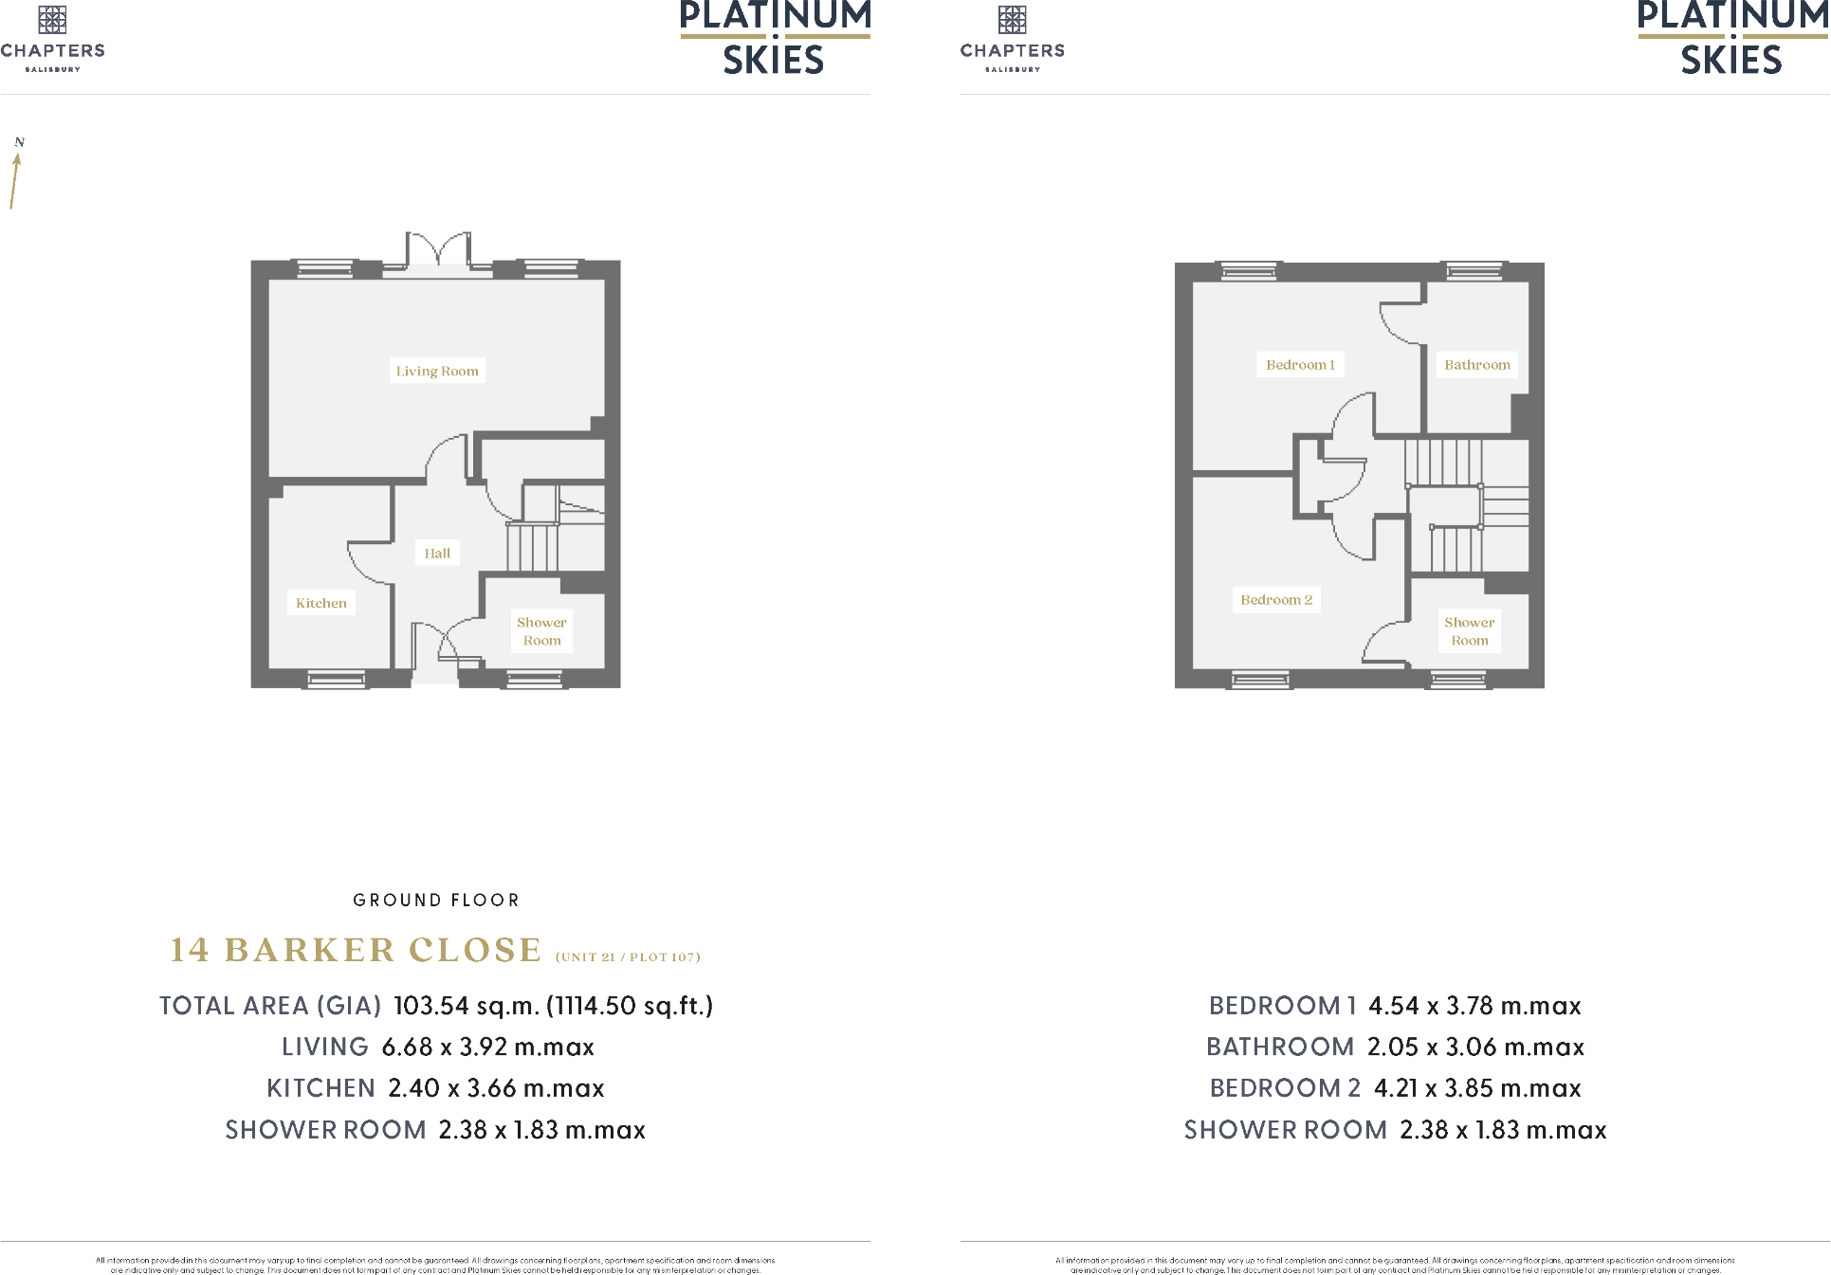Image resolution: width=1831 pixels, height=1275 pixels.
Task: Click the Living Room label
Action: click(x=437, y=371)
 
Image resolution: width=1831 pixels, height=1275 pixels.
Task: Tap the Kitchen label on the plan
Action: click(x=320, y=603)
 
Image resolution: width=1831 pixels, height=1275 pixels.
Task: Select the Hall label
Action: click(x=437, y=553)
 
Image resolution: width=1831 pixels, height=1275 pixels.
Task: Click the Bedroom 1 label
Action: click(x=1300, y=365)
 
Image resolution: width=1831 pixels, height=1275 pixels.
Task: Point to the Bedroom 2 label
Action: click(x=1276, y=600)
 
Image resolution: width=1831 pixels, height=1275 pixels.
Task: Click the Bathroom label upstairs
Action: click(x=1476, y=365)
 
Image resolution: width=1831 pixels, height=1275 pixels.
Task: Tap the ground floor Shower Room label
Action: click(x=541, y=631)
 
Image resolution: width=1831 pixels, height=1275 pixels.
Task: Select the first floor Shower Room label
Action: click(x=1469, y=631)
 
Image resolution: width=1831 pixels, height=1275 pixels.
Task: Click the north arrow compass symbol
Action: click(x=16, y=175)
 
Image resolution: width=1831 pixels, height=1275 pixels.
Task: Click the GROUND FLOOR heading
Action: click(x=436, y=900)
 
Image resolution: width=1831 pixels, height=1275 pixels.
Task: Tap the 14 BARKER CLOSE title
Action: click(x=356, y=950)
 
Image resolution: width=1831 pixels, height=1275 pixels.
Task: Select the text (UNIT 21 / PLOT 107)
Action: click(x=628, y=956)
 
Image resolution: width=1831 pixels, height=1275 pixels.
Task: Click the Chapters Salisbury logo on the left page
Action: click(x=52, y=38)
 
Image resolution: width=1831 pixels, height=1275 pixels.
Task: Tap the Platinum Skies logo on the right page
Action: click(x=1731, y=38)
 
